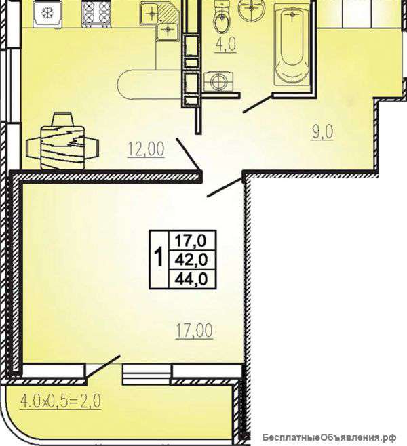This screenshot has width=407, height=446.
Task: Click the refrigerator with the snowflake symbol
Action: click(x=47, y=14)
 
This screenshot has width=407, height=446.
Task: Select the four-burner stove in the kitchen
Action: click(x=96, y=14)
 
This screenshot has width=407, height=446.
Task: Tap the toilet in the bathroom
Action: click(x=221, y=18)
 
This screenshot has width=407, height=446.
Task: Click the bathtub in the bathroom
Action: click(x=292, y=44)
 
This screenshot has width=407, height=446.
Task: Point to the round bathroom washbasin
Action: click(x=251, y=9)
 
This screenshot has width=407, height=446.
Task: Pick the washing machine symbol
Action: click(x=218, y=82)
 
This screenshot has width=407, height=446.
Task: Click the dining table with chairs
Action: click(x=62, y=142)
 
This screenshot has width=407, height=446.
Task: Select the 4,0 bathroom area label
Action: click(x=226, y=45)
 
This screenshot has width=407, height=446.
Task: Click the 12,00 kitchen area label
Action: click(x=146, y=149)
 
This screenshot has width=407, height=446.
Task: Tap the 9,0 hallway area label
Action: click(x=322, y=131)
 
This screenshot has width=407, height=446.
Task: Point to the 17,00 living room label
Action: click(x=195, y=331)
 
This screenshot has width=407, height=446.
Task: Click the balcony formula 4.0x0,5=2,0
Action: click(x=60, y=401)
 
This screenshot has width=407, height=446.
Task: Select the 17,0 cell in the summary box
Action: click(x=191, y=241)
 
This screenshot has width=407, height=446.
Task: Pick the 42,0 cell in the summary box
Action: click(x=191, y=260)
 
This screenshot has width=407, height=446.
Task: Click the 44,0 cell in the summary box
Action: click(x=191, y=279)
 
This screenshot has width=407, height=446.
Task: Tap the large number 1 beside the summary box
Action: click(x=159, y=257)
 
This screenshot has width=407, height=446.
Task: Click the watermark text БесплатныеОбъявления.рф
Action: click(x=329, y=437)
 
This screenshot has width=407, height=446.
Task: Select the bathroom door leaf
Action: click(x=258, y=104)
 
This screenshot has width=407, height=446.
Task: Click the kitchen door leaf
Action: click(x=189, y=154)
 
